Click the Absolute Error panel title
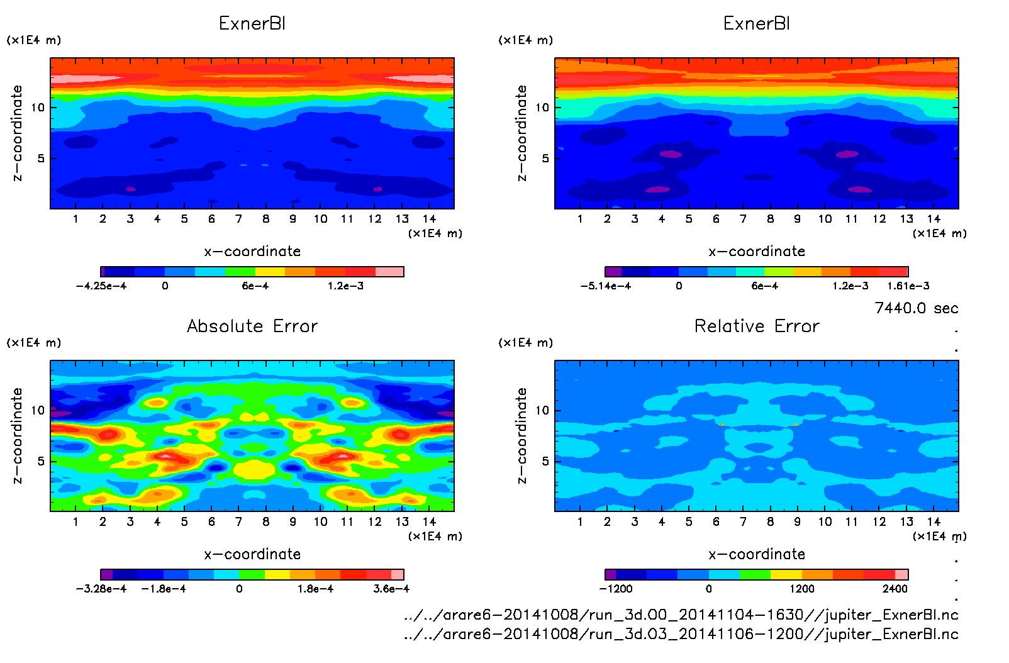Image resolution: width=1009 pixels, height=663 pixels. click(252, 326)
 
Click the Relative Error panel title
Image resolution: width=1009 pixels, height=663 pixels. click(757, 326)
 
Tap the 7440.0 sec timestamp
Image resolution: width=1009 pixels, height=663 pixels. click(916, 308)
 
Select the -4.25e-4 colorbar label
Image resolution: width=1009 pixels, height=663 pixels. click(101, 286)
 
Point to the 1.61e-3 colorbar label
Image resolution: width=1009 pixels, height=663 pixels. click(908, 286)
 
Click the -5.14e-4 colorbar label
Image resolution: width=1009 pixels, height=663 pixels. click(606, 286)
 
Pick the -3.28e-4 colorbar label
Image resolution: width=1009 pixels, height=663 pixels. click(101, 589)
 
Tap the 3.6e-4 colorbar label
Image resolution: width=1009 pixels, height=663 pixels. click(391, 589)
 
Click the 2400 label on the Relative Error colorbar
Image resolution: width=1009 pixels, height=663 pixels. click(895, 589)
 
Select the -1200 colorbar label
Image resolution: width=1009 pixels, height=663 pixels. click(616, 589)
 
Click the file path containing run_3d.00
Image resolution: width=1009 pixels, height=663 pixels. click(681, 615)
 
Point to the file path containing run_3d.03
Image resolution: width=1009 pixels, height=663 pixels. click(681, 633)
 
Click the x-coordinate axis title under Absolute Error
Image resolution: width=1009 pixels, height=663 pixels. click(252, 554)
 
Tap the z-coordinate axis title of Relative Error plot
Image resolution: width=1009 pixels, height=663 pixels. click(521, 435)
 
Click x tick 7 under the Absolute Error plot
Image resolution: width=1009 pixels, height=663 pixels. click(238, 521)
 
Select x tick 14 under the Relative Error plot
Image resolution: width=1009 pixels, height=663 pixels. click(934, 521)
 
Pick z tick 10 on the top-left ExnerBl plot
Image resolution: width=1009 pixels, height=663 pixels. click(38, 108)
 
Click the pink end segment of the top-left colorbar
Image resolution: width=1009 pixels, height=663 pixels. click(389, 272)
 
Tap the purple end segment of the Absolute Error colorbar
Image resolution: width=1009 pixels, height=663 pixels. click(106, 574)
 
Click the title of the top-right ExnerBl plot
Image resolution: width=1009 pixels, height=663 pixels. click(757, 24)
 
